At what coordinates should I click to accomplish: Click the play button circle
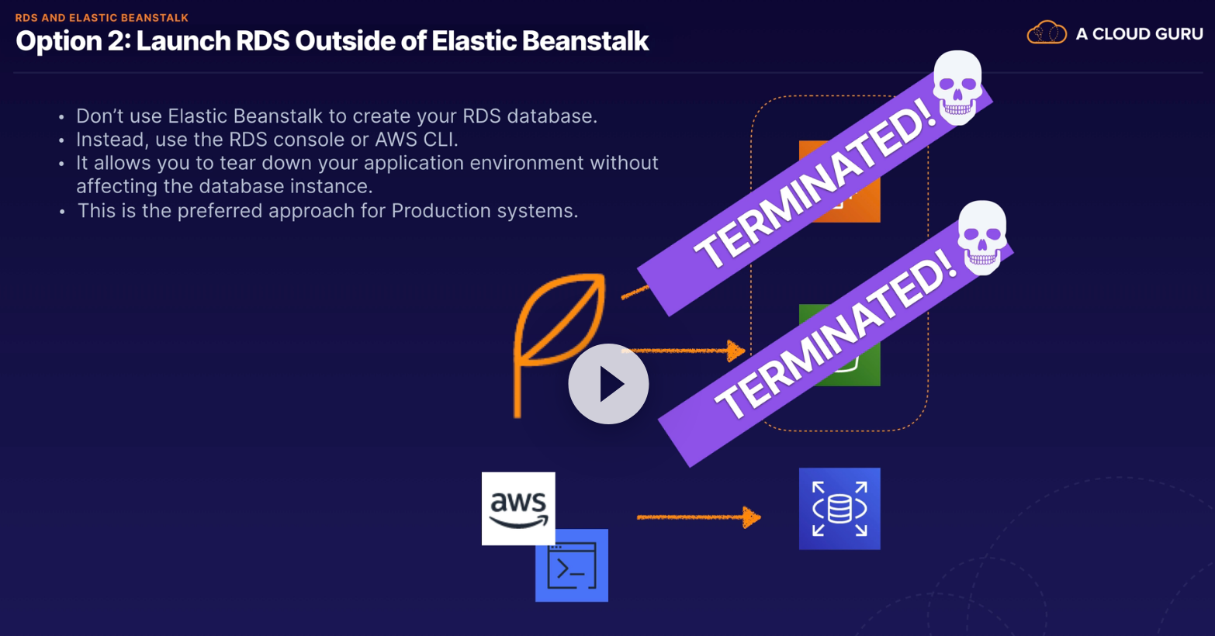tap(608, 384)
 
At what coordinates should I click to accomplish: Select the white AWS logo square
tap(518, 508)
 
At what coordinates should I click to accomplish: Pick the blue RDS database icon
tap(839, 509)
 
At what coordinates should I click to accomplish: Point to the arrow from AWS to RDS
tap(698, 517)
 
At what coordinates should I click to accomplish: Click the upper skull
tap(957, 87)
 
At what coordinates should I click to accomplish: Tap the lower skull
tap(981, 237)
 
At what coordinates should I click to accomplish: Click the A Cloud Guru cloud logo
tap(1047, 33)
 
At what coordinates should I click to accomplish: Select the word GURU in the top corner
tap(1179, 33)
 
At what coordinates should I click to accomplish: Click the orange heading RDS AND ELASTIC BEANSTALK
tap(102, 17)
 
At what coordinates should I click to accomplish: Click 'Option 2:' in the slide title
tap(73, 41)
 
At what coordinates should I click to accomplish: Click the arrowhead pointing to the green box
tap(736, 351)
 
